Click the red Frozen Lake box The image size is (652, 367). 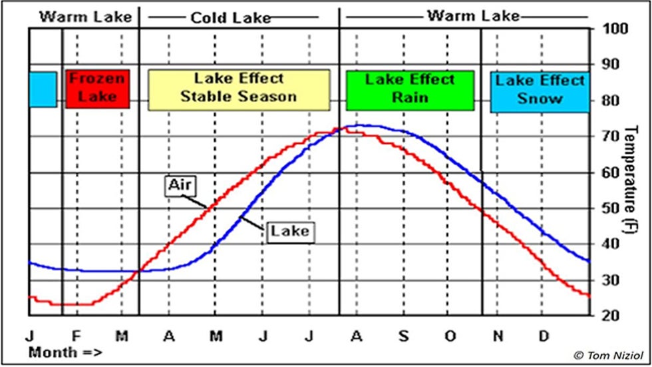point(96,88)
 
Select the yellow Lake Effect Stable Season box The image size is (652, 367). point(239,89)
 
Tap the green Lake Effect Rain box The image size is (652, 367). point(410,89)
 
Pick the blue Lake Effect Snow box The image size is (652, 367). point(540,90)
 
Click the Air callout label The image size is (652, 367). point(179,186)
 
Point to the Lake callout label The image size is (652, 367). point(290,231)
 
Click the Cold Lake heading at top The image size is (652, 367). point(231,17)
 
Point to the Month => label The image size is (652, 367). point(65,352)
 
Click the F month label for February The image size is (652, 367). point(76,335)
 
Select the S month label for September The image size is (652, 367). point(403,335)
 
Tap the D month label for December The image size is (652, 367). point(544,335)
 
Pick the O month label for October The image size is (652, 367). point(450,335)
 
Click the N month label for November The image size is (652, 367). point(497,335)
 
